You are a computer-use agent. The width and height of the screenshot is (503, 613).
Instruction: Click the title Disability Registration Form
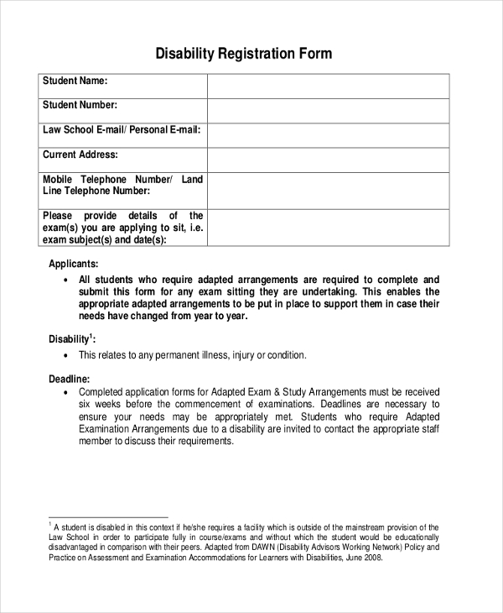pyautogui.click(x=244, y=54)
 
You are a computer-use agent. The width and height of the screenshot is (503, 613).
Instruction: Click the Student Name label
pyautogui.click(x=75, y=81)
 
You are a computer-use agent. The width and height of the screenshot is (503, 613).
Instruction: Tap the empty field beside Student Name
pyautogui.click(x=328, y=86)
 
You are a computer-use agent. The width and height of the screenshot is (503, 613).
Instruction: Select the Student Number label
pyautogui.click(x=80, y=106)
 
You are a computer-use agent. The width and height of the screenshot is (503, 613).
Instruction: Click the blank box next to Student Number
pyautogui.click(x=328, y=111)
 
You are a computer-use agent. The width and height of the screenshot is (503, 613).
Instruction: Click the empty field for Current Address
pyautogui.click(x=328, y=160)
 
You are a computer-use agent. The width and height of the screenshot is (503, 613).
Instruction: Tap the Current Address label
pyautogui.click(x=80, y=155)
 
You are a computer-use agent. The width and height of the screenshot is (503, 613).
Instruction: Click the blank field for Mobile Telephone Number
pyautogui.click(x=328, y=191)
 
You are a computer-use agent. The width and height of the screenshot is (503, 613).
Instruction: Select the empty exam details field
pyautogui.click(x=328, y=227)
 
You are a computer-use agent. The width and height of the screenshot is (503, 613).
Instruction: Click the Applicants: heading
pyautogui.click(x=75, y=263)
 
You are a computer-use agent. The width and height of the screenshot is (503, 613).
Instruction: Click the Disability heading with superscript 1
pyautogui.click(x=72, y=339)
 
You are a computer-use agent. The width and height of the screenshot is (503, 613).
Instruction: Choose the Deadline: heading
pyautogui.click(x=70, y=379)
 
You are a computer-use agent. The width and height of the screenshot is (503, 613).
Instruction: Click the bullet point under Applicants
pyautogui.click(x=65, y=280)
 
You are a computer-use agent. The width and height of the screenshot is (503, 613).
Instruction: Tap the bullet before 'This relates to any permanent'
pyautogui.click(x=65, y=356)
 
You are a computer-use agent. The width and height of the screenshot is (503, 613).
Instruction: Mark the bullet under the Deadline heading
pyautogui.click(x=65, y=392)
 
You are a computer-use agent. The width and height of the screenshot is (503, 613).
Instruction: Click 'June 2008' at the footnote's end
pyautogui.click(x=362, y=557)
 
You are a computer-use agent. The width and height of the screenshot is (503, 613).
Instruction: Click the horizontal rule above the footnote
pyautogui.click(x=108, y=517)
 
